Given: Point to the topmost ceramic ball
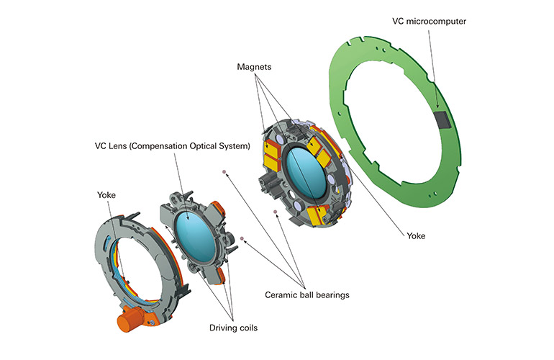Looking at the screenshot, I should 224,171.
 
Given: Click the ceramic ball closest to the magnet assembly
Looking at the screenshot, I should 275,212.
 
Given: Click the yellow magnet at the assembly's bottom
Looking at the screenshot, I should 315,214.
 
